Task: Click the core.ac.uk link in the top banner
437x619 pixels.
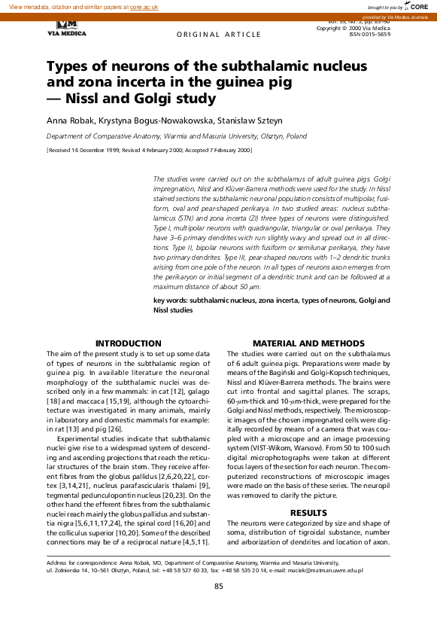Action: [x=144, y=6]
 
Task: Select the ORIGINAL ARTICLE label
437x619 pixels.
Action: [x=209, y=35]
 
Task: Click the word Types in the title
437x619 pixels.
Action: [x=68, y=67]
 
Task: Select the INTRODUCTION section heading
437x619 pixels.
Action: [x=129, y=343]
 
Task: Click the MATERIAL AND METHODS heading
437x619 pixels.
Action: [x=308, y=343]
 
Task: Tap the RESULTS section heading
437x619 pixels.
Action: [x=308, y=512]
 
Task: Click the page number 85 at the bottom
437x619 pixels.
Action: [x=219, y=586]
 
